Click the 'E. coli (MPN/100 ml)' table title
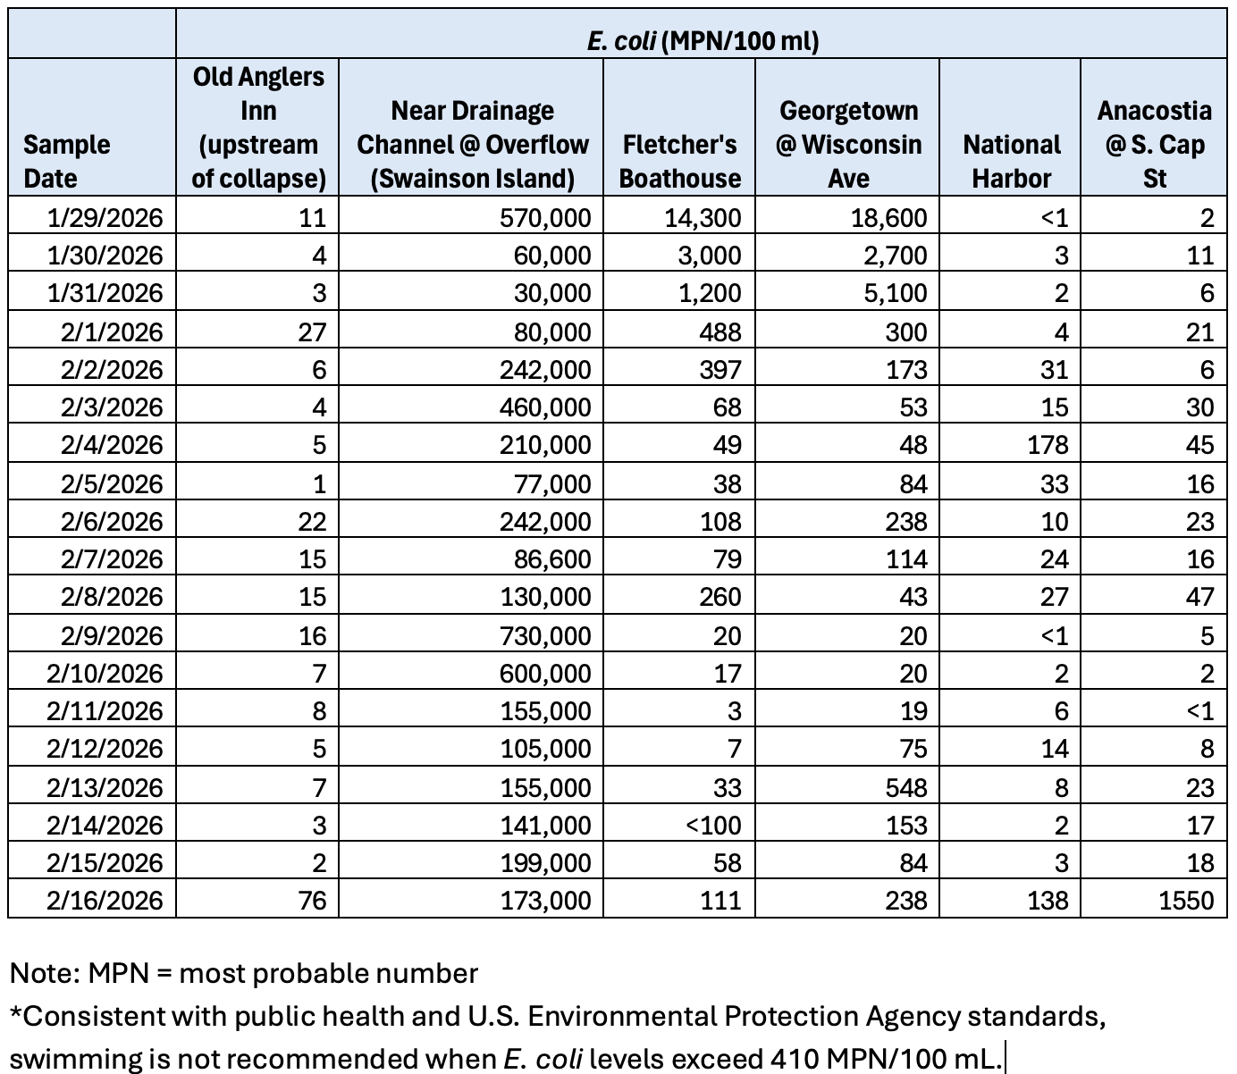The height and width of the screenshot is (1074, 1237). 703,41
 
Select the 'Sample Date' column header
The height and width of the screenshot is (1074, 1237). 67,161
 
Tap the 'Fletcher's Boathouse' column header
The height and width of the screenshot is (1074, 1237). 679,161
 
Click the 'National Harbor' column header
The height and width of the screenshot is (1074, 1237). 1011,161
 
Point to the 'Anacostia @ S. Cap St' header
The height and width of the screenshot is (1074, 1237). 1154,144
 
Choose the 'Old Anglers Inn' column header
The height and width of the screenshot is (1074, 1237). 258,127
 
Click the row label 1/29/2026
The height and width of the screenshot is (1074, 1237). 105,217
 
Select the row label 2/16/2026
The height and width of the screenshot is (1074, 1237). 105,899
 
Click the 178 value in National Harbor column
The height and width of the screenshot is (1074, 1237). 1048,445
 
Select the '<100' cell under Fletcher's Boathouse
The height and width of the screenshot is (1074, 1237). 713,825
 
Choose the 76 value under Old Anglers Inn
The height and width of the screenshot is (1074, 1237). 312,899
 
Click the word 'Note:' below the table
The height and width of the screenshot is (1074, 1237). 45,973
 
